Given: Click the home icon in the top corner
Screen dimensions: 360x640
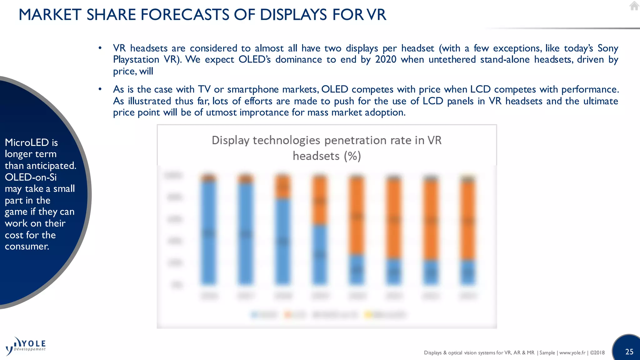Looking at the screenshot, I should (x=634, y=6).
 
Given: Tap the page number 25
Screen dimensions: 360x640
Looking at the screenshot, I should (x=629, y=352).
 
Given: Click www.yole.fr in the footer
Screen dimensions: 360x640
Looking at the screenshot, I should (x=572, y=353).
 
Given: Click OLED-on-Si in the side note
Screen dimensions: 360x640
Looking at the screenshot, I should (x=31, y=177).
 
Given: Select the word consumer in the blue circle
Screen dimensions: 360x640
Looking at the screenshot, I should (x=27, y=246).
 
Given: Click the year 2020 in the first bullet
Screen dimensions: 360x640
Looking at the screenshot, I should (x=386, y=59).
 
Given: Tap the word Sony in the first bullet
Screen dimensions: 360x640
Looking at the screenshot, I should (x=607, y=48).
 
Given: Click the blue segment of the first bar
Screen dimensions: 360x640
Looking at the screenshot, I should (x=208, y=233).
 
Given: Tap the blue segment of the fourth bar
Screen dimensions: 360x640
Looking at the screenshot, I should (x=320, y=255).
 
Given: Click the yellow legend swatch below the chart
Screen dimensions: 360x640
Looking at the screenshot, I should (x=368, y=315).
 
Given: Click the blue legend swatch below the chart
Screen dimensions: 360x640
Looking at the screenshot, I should (x=255, y=315).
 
